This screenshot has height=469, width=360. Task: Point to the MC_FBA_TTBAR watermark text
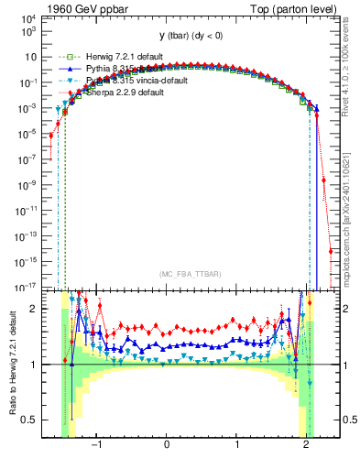(190, 273)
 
